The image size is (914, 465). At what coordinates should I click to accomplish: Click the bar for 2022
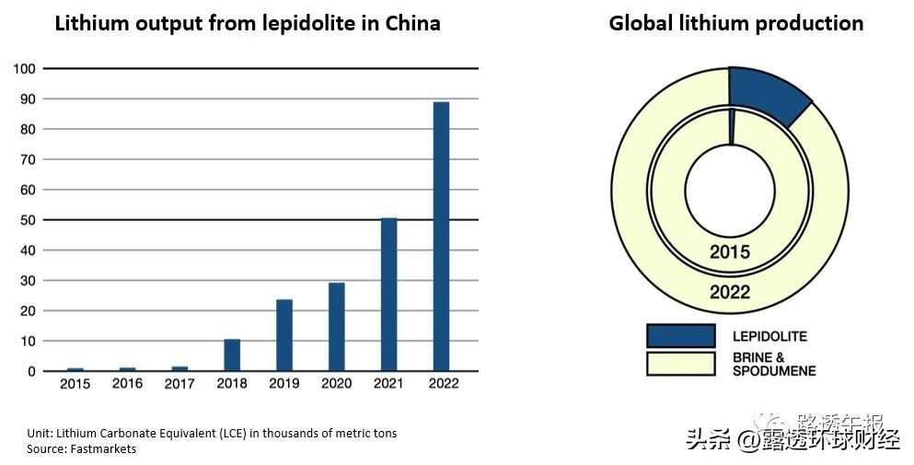click(441, 237)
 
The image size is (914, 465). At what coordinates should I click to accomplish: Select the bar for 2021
click(388, 295)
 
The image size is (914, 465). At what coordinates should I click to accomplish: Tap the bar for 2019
click(284, 335)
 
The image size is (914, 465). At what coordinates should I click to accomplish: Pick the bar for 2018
click(232, 355)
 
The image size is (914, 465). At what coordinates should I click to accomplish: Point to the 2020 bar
click(337, 327)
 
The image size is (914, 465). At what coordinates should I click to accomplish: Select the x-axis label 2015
click(75, 384)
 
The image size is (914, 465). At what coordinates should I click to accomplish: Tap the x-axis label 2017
click(179, 384)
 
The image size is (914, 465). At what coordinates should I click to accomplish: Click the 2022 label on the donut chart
click(730, 293)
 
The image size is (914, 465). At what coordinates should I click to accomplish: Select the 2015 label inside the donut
click(730, 251)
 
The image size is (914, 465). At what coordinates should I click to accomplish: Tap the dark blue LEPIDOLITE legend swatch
click(680, 336)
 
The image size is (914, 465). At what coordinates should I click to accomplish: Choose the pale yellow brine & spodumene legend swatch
click(680, 364)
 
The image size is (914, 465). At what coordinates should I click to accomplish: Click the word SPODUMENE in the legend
click(774, 371)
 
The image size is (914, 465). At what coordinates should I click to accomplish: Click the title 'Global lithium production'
click(736, 24)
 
